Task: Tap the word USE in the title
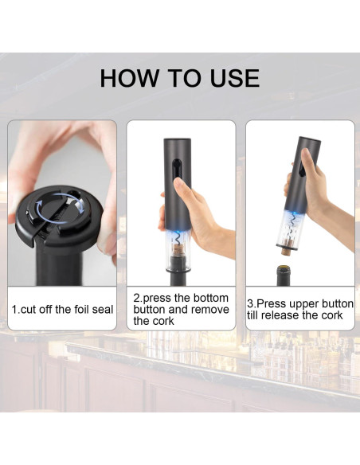pos(235,78)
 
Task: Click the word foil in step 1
pos(80,310)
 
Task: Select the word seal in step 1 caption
pos(103,310)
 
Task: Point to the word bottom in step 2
pos(211,298)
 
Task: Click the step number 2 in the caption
pos(136,298)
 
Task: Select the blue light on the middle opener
pos(178,232)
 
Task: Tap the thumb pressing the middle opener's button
pos(181,187)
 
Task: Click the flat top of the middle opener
pos(178,139)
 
